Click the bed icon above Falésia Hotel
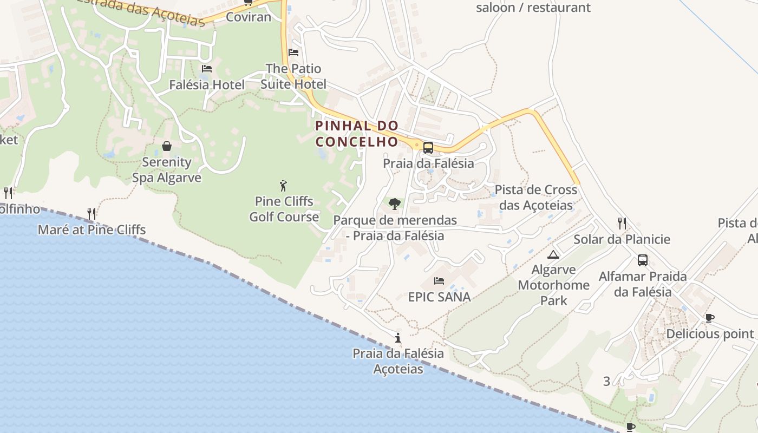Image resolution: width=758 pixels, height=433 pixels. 206,69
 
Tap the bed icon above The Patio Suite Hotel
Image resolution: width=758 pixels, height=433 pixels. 293,53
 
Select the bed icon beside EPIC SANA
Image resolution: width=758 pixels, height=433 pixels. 439,281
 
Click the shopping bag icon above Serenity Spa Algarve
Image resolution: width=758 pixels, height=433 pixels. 167,146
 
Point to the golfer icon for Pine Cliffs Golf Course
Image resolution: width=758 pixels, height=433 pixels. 283,186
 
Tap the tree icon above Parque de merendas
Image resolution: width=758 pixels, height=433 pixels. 395,204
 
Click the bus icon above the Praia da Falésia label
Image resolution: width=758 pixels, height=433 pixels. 428,147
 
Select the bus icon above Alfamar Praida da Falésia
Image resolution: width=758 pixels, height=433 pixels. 643,260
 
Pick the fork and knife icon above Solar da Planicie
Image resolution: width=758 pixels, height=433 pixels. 622,223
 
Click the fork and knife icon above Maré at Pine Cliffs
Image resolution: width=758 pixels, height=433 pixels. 92,214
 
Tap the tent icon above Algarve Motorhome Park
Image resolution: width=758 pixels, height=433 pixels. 553,254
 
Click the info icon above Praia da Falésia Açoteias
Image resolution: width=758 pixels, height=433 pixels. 398,338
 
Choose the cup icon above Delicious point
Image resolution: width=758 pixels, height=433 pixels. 709,318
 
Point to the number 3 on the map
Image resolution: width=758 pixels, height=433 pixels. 606,381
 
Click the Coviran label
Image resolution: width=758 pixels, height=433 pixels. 248,17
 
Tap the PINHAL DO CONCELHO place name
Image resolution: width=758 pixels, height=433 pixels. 357,134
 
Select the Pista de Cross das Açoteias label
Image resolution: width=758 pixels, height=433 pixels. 535,198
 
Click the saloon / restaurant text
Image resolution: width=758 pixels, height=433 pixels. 533,8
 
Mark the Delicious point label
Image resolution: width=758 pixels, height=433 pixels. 710,334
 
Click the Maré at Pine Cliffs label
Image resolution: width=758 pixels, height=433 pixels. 92,230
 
